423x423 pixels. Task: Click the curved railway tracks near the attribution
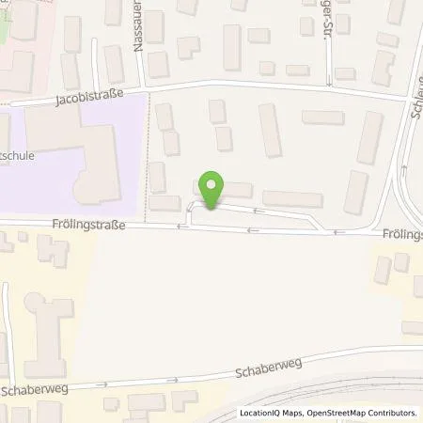[x=310, y=399]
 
